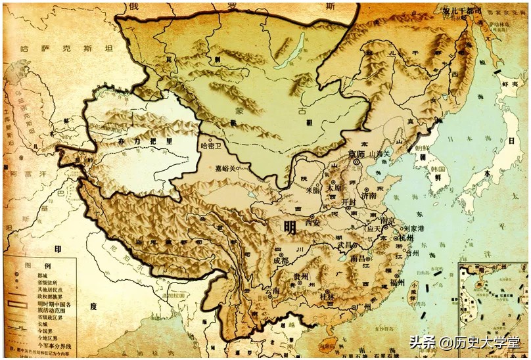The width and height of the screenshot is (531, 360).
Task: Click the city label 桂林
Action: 327,296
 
